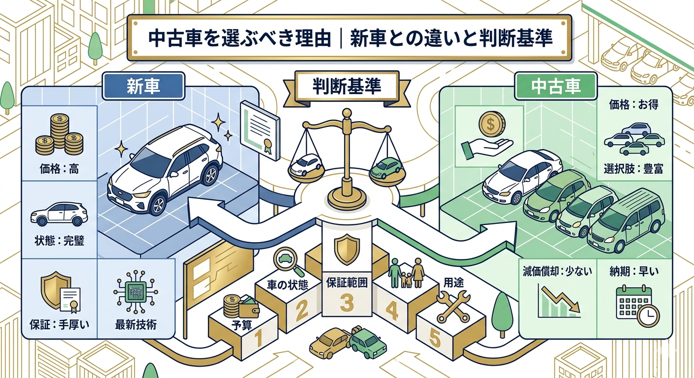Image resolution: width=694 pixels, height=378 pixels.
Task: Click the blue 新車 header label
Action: (x=143, y=86)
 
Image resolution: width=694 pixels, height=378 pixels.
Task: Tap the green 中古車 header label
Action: (x=556, y=86)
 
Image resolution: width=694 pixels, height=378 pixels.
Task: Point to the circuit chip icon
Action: (x=136, y=292)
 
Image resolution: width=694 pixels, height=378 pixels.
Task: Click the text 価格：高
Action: (x=59, y=169)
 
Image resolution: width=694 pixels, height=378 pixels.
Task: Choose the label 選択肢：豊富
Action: (x=633, y=169)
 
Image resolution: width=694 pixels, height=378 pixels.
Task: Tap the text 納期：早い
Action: (x=633, y=272)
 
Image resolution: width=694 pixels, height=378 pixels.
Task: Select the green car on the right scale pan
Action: (x=386, y=168)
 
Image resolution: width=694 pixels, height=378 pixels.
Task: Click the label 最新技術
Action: (x=136, y=325)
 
